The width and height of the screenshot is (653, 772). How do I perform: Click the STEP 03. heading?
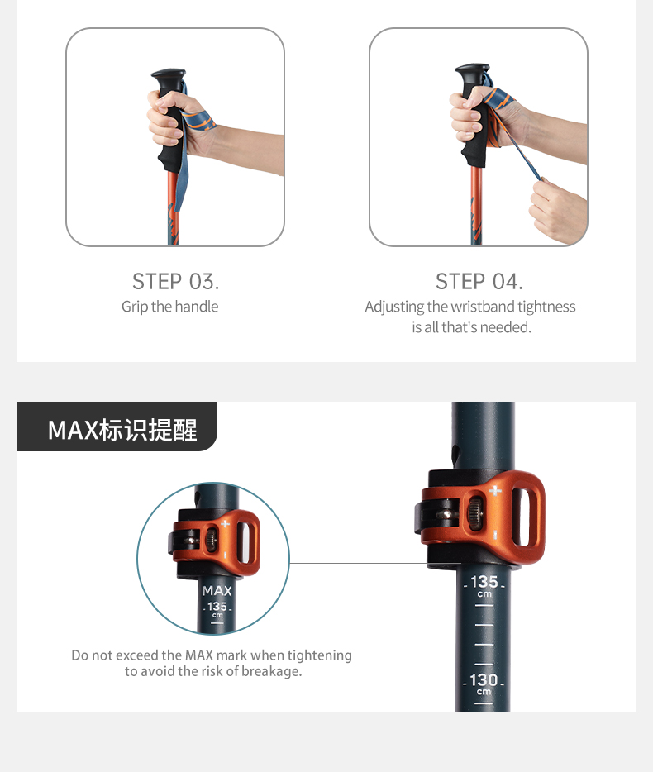tap(175, 282)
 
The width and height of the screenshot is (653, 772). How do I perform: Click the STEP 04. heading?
tap(479, 282)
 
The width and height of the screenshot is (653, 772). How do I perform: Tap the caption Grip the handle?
tap(170, 307)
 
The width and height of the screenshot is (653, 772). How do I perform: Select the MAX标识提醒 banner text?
tap(122, 430)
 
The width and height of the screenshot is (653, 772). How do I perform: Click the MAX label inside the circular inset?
tap(217, 590)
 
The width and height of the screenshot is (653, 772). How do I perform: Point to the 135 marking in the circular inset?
tap(217, 607)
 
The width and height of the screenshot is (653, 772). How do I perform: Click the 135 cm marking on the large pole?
tap(484, 585)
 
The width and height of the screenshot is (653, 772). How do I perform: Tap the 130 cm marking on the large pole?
tap(484, 684)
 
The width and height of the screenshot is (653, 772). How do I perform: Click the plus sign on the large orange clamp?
tap(495, 491)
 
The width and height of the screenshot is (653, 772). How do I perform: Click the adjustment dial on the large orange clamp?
tap(474, 513)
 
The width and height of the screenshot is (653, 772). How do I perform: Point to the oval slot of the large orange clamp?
tap(521, 517)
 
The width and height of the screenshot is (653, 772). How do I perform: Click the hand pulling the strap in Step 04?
tap(556, 209)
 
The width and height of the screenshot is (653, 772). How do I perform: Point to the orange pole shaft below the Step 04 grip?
tap(476, 206)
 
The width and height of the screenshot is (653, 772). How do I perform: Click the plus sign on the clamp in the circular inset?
tap(225, 523)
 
